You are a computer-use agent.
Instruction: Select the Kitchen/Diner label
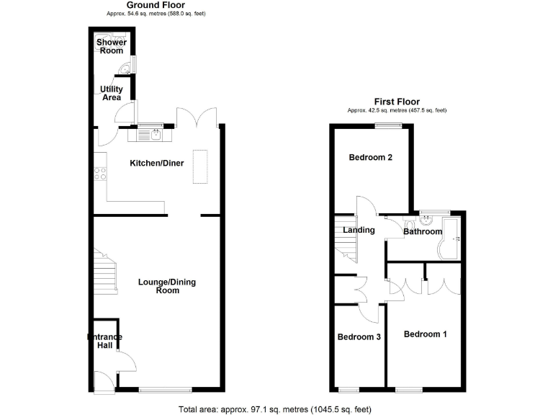156,164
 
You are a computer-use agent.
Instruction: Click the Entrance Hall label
104,342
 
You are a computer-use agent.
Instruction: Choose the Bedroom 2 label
370,158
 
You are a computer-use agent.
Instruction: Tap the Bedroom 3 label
359,337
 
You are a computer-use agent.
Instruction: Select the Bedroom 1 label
425,334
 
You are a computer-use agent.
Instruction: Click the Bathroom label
423,231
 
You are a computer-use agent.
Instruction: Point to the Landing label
358,231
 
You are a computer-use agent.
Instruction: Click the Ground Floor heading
140,5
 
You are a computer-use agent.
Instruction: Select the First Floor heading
397,102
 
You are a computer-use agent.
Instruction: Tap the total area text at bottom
275,409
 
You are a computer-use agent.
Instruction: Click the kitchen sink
156,133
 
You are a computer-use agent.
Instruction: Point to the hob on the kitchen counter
100,173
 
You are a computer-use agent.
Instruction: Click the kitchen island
199,167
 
